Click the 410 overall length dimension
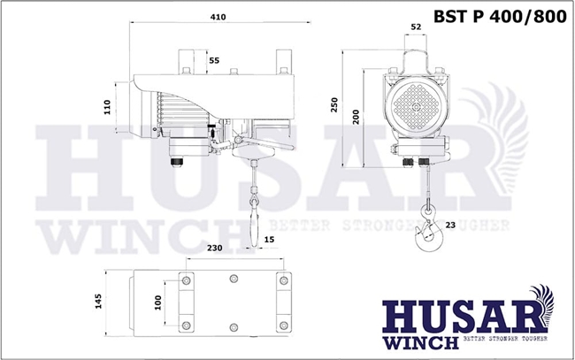(x=218, y=17)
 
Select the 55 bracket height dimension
(x=214, y=60)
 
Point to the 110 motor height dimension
(x=107, y=107)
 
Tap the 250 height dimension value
(x=334, y=105)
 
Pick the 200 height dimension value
(x=356, y=118)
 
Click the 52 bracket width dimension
(x=417, y=27)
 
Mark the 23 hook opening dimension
(x=450, y=225)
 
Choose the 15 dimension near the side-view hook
(x=269, y=240)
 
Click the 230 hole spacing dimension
(x=215, y=248)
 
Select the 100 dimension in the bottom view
(x=158, y=303)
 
